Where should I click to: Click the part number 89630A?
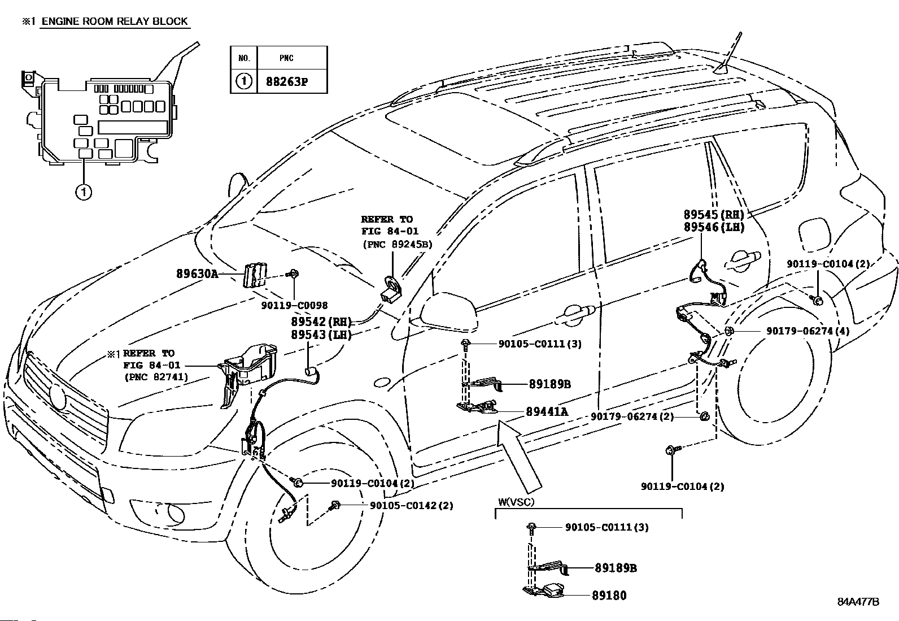(x=197, y=274)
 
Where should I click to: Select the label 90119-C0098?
(x=294, y=305)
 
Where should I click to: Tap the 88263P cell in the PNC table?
(x=286, y=81)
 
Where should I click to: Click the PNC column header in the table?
(x=286, y=58)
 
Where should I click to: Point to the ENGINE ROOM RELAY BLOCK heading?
(x=115, y=21)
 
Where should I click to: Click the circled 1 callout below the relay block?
(x=84, y=192)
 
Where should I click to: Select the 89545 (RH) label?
(x=714, y=214)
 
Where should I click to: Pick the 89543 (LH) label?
(x=321, y=335)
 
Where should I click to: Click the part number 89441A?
(x=547, y=412)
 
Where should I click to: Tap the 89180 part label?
(x=609, y=595)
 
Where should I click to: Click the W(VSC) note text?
(x=516, y=502)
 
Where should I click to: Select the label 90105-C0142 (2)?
(x=411, y=505)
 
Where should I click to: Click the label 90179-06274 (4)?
(x=808, y=331)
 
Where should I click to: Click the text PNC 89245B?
(x=398, y=244)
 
